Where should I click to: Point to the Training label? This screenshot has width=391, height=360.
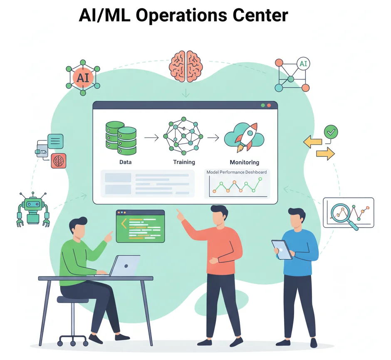184,162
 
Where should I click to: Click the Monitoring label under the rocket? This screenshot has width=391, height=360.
244,162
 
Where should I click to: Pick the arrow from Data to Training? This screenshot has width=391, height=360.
151,138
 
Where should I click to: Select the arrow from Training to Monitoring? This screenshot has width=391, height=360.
213,138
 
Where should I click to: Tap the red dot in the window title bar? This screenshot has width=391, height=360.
269,106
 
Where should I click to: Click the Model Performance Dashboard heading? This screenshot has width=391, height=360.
237,172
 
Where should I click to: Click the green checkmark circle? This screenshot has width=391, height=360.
331,133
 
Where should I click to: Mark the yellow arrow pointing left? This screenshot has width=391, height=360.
313,142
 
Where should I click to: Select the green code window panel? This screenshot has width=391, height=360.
140,226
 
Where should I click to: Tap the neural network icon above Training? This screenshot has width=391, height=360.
183,136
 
